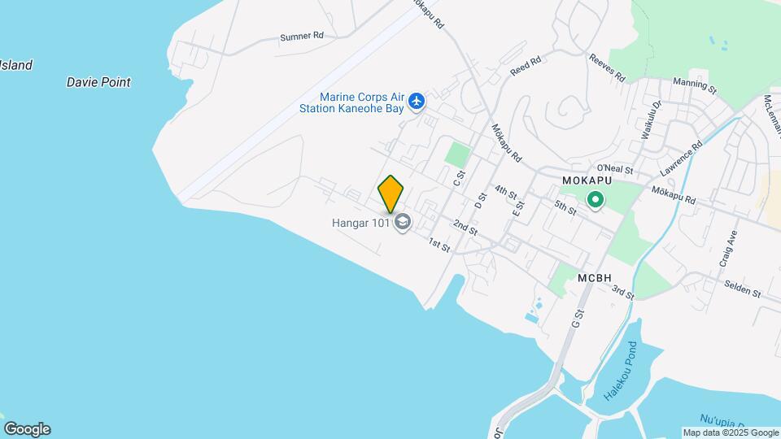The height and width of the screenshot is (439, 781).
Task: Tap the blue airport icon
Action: [x=417, y=102]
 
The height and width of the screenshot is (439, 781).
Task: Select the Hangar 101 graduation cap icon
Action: [x=402, y=222]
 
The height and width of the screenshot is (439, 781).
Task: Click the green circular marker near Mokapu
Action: [x=596, y=198]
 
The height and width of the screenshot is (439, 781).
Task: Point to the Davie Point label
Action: [x=98, y=82]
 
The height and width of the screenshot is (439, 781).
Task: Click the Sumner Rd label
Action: [x=301, y=37]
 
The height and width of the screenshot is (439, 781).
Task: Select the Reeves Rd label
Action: [x=607, y=69]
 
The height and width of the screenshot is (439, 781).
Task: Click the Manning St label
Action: [x=695, y=84]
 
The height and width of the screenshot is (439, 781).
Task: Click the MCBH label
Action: [x=594, y=278]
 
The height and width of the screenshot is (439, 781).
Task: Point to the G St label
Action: [x=579, y=318]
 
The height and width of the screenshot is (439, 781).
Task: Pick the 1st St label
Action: [x=439, y=244]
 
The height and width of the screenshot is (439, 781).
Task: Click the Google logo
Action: [x=27, y=429]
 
